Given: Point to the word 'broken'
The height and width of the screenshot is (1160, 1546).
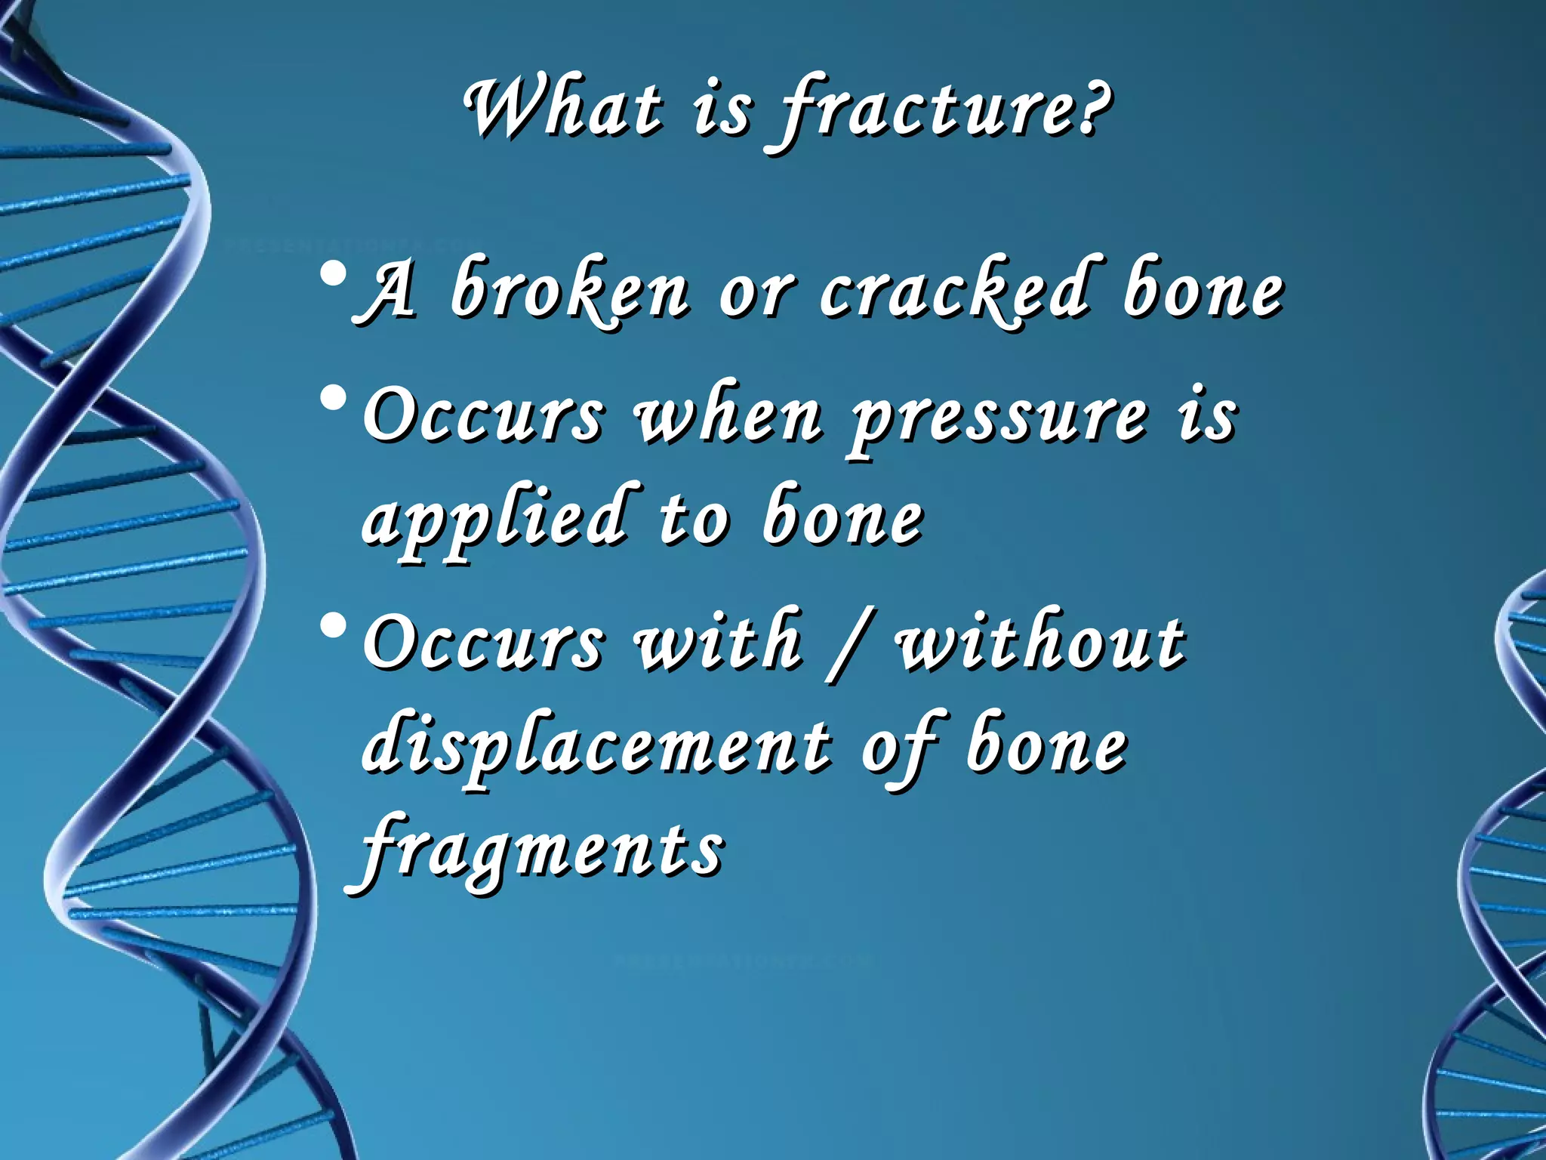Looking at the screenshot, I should coord(570,291).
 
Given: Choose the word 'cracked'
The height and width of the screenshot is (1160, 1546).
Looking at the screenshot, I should coord(956,291).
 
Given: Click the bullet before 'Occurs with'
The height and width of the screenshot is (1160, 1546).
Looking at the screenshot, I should coord(333,625).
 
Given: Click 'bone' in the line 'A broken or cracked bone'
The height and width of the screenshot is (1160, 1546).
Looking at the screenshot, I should coord(1203,291).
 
